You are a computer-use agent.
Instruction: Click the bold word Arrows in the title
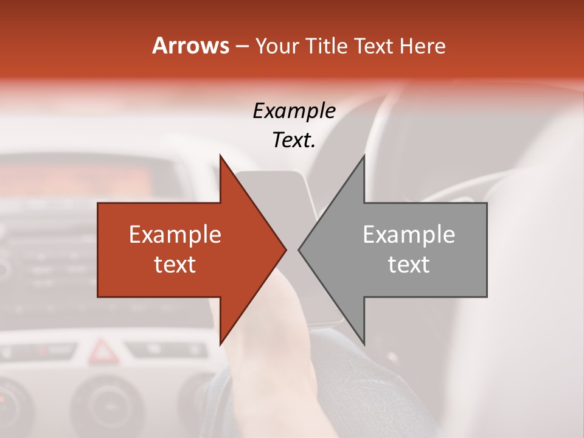pos(190,46)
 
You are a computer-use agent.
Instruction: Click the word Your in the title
pos(277,46)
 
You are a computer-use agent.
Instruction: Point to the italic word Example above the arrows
pos(294,111)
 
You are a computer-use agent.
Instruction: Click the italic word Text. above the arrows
pos(294,141)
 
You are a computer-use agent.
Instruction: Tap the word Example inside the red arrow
pos(175,235)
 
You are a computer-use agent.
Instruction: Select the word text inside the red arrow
pos(175,265)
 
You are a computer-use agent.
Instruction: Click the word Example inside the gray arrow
pos(409,235)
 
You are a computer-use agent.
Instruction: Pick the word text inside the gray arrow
pos(409,265)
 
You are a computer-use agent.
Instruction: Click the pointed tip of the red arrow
pos(286,249)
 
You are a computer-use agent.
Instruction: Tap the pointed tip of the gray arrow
pos(299,249)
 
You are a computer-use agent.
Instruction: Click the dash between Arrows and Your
pos(242,46)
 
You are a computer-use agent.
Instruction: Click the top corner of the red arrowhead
pos(220,156)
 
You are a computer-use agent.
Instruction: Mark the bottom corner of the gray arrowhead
pos(364,344)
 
